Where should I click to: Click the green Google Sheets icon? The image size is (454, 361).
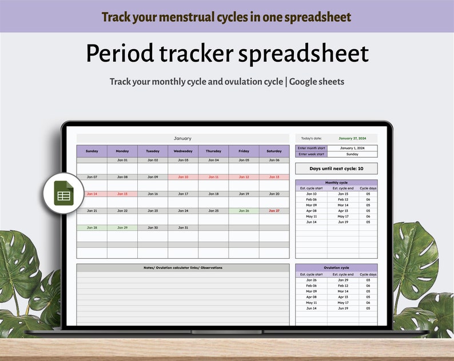[63, 193]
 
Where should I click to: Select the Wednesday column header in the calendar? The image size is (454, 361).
[183, 151]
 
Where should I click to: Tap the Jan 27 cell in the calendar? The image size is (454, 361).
[274, 211]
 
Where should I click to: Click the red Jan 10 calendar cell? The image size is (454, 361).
[183, 177]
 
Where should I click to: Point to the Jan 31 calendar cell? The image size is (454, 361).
[183, 227]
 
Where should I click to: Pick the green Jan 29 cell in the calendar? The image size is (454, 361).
[122, 227]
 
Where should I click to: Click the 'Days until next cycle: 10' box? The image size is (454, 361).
[336, 169]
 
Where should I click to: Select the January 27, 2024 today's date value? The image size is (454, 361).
[352, 138]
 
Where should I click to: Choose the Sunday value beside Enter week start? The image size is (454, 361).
[352, 154]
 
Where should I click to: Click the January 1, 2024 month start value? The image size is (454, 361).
[352, 148]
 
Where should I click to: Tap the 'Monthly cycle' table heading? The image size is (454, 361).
[336, 183]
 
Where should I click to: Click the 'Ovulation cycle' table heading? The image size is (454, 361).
[336, 268]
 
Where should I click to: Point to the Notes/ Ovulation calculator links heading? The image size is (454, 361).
[183, 268]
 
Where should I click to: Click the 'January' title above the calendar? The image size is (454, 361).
[183, 138]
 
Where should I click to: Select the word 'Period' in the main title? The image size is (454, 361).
[119, 54]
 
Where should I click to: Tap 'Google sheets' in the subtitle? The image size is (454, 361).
[317, 82]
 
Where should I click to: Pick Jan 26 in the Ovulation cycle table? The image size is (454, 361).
[311, 280]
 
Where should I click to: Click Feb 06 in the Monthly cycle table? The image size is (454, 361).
[311, 199]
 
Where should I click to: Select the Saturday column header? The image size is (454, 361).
[274, 151]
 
